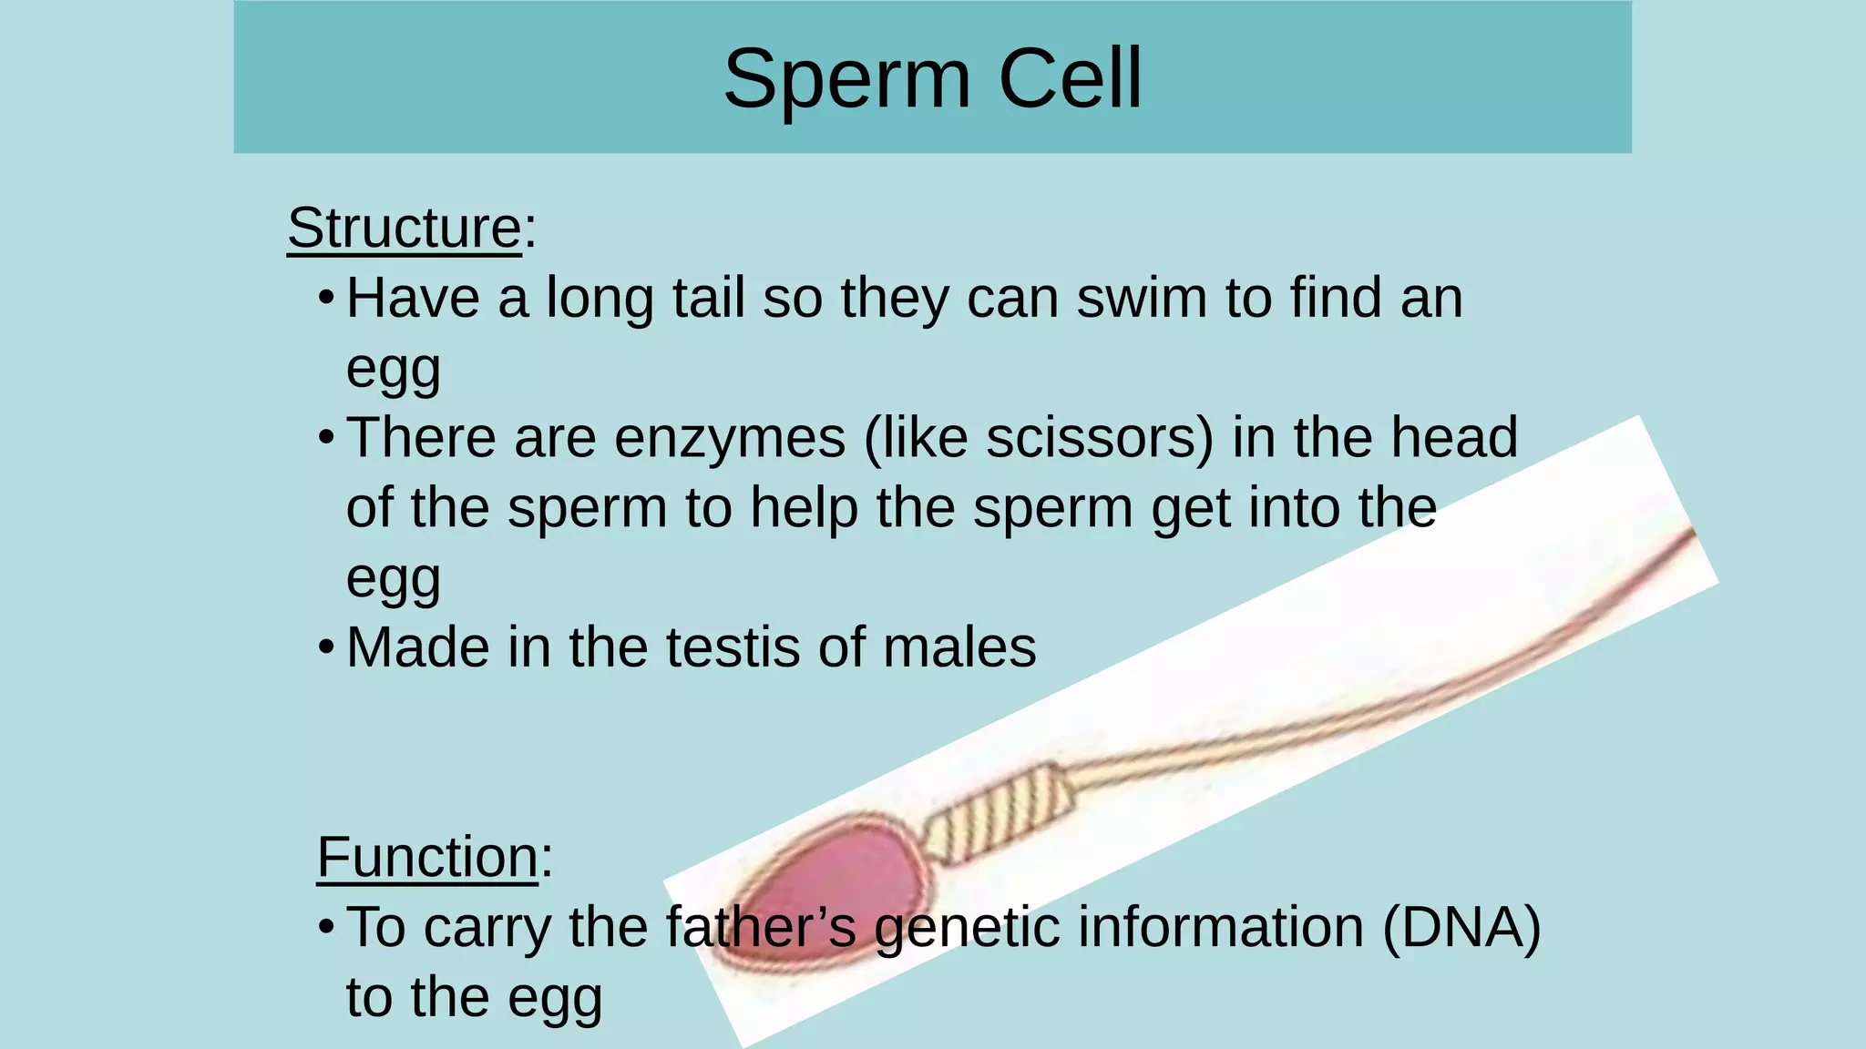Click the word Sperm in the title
tap(847, 80)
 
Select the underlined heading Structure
tap(404, 228)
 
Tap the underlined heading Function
tap(428, 858)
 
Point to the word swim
tap(1141, 298)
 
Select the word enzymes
tap(729, 438)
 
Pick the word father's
tap(760, 927)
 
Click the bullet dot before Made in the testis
tap(326, 648)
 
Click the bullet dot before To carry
tap(326, 928)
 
